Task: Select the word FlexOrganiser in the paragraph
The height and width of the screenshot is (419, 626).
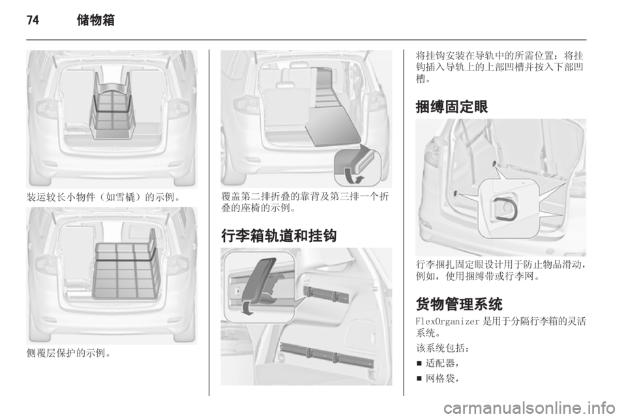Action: [x=443, y=321]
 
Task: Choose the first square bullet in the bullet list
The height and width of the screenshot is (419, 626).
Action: [x=419, y=364]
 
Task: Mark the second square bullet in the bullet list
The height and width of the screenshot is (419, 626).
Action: [x=419, y=378]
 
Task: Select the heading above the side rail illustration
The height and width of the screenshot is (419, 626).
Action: [x=277, y=234]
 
